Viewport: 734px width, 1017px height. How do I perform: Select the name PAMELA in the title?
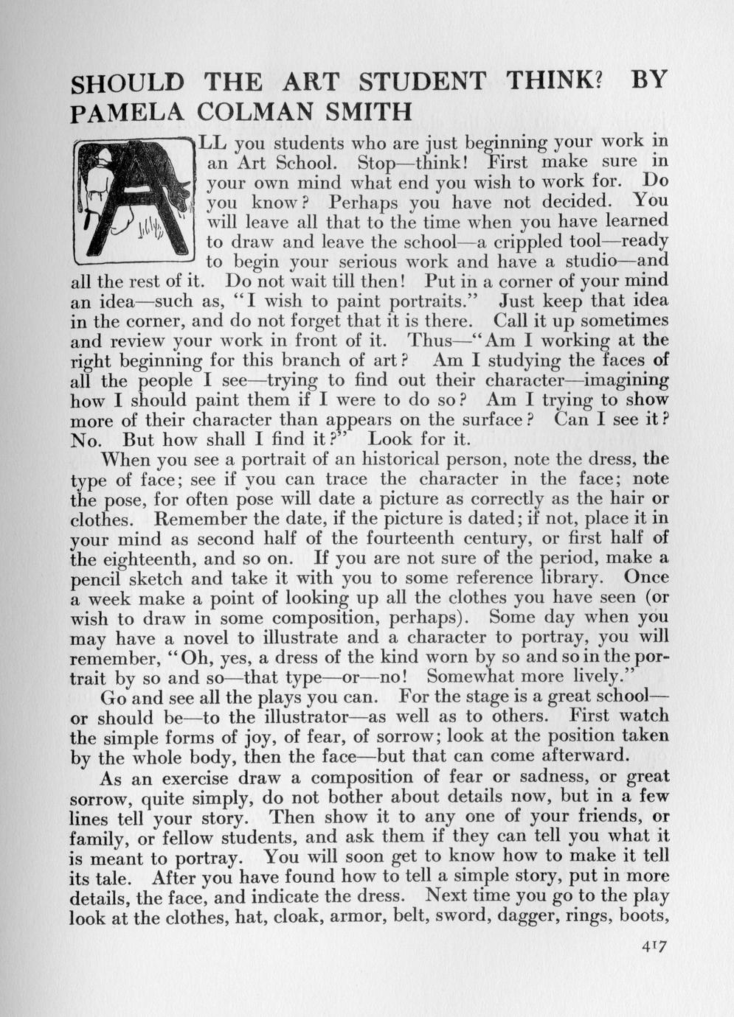(x=124, y=113)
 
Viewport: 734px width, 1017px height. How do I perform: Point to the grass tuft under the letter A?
(x=151, y=229)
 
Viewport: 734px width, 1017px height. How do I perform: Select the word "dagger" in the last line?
(x=512, y=917)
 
